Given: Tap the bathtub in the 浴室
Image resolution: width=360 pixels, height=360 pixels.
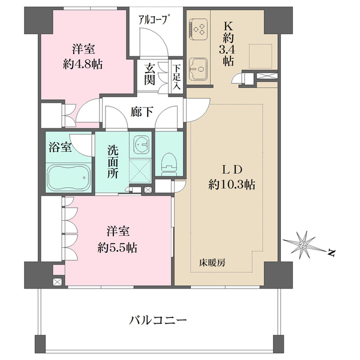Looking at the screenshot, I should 67,177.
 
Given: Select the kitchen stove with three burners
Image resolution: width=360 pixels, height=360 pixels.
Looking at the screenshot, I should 199,28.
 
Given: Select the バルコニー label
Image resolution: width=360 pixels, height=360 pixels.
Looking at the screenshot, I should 158,320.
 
